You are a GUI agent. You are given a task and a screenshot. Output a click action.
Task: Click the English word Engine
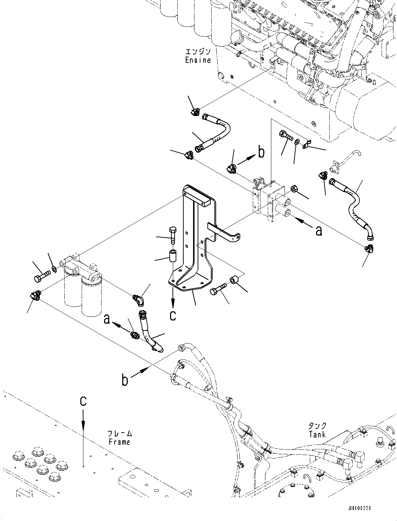(x=198, y=60)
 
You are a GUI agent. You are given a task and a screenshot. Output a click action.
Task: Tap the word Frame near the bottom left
(x=119, y=442)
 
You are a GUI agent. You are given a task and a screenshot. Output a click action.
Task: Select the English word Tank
(x=317, y=435)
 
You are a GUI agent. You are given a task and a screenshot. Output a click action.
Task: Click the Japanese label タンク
(x=317, y=426)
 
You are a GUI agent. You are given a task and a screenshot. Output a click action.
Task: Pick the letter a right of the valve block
(x=318, y=230)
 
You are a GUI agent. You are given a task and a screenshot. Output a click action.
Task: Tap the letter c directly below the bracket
(x=173, y=315)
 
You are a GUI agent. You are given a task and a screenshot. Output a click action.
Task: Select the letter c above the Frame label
(x=83, y=401)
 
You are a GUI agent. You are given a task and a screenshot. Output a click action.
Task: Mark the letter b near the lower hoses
(x=125, y=380)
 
